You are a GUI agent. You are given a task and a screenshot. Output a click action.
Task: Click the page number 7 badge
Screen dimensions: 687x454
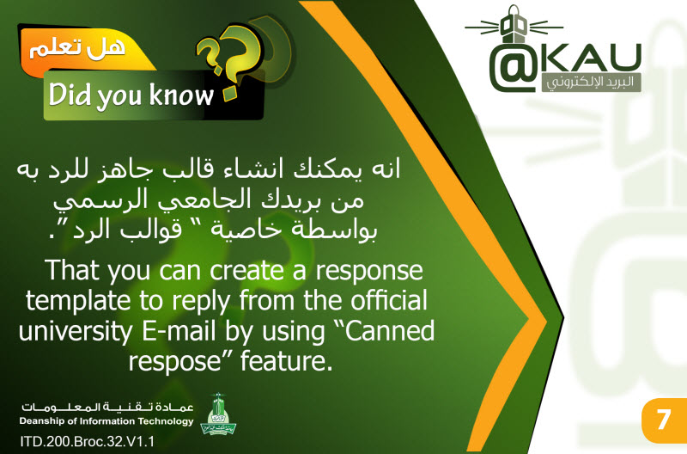tap(663, 420)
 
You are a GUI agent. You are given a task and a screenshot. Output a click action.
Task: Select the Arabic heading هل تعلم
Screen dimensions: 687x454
tap(77, 47)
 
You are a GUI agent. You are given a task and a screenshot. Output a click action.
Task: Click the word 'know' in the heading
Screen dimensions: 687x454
tap(181, 95)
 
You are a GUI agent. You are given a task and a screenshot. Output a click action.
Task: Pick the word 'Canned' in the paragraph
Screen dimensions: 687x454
tap(390, 331)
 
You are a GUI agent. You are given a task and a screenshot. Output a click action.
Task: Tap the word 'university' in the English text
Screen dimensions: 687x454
tap(76, 332)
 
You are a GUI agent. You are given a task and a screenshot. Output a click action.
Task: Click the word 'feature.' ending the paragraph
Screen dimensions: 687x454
tap(287, 360)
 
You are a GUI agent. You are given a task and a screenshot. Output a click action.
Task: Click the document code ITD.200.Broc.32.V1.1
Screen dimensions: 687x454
tap(88, 441)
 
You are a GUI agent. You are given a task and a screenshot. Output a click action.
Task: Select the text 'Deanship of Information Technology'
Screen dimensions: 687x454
tap(106, 421)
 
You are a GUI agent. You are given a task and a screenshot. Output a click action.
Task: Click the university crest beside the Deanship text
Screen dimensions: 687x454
tap(218, 414)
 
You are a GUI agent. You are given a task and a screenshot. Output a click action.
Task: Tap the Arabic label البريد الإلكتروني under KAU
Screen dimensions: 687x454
tap(591, 83)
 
